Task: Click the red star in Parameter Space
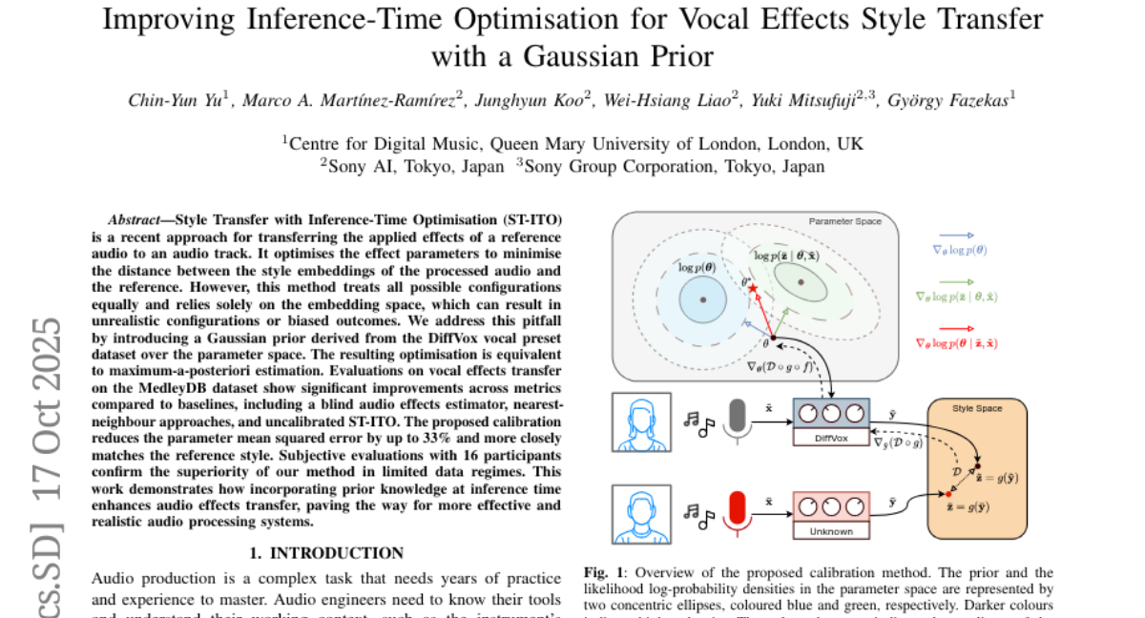pyautogui.click(x=752, y=288)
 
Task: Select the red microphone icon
pyautogui.click(x=736, y=510)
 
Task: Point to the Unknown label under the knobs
pyautogui.click(x=830, y=530)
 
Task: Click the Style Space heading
pyautogui.click(x=978, y=409)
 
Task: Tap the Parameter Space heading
pyautogui.click(x=844, y=221)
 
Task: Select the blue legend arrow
pyautogui.click(x=957, y=235)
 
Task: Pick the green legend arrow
pyautogui.click(x=957, y=282)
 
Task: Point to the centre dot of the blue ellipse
pyautogui.click(x=703, y=299)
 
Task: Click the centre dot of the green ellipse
pyautogui.click(x=800, y=281)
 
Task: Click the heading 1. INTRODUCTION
pyautogui.click(x=326, y=552)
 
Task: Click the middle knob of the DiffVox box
pyautogui.click(x=830, y=414)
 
